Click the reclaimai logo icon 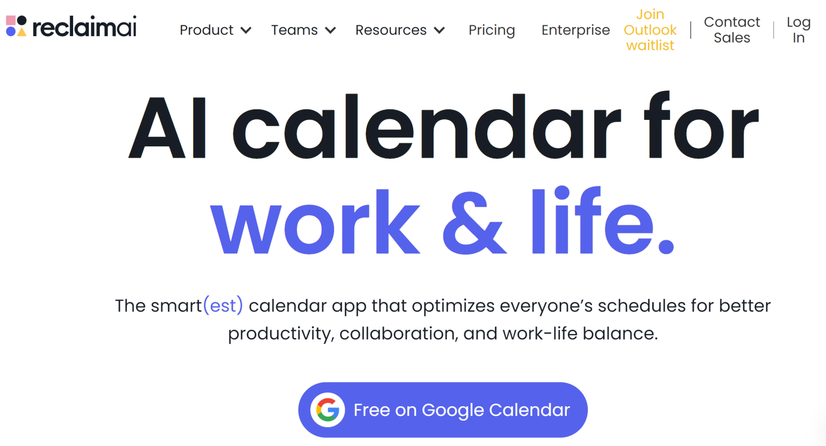click(x=16, y=26)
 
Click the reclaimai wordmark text click(x=84, y=27)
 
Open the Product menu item click(x=206, y=30)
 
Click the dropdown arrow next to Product click(x=246, y=31)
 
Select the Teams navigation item click(x=294, y=30)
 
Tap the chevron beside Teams click(x=331, y=31)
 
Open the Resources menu click(x=391, y=30)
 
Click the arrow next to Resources click(x=439, y=31)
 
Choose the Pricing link click(x=492, y=30)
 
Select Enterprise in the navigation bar click(x=575, y=30)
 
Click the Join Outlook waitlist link click(x=650, y=30)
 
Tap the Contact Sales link click(x=732, y=30)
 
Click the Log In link click(x=799, y=30)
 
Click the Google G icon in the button click(x=327, y=410)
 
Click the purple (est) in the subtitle click(x=223, y=306)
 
